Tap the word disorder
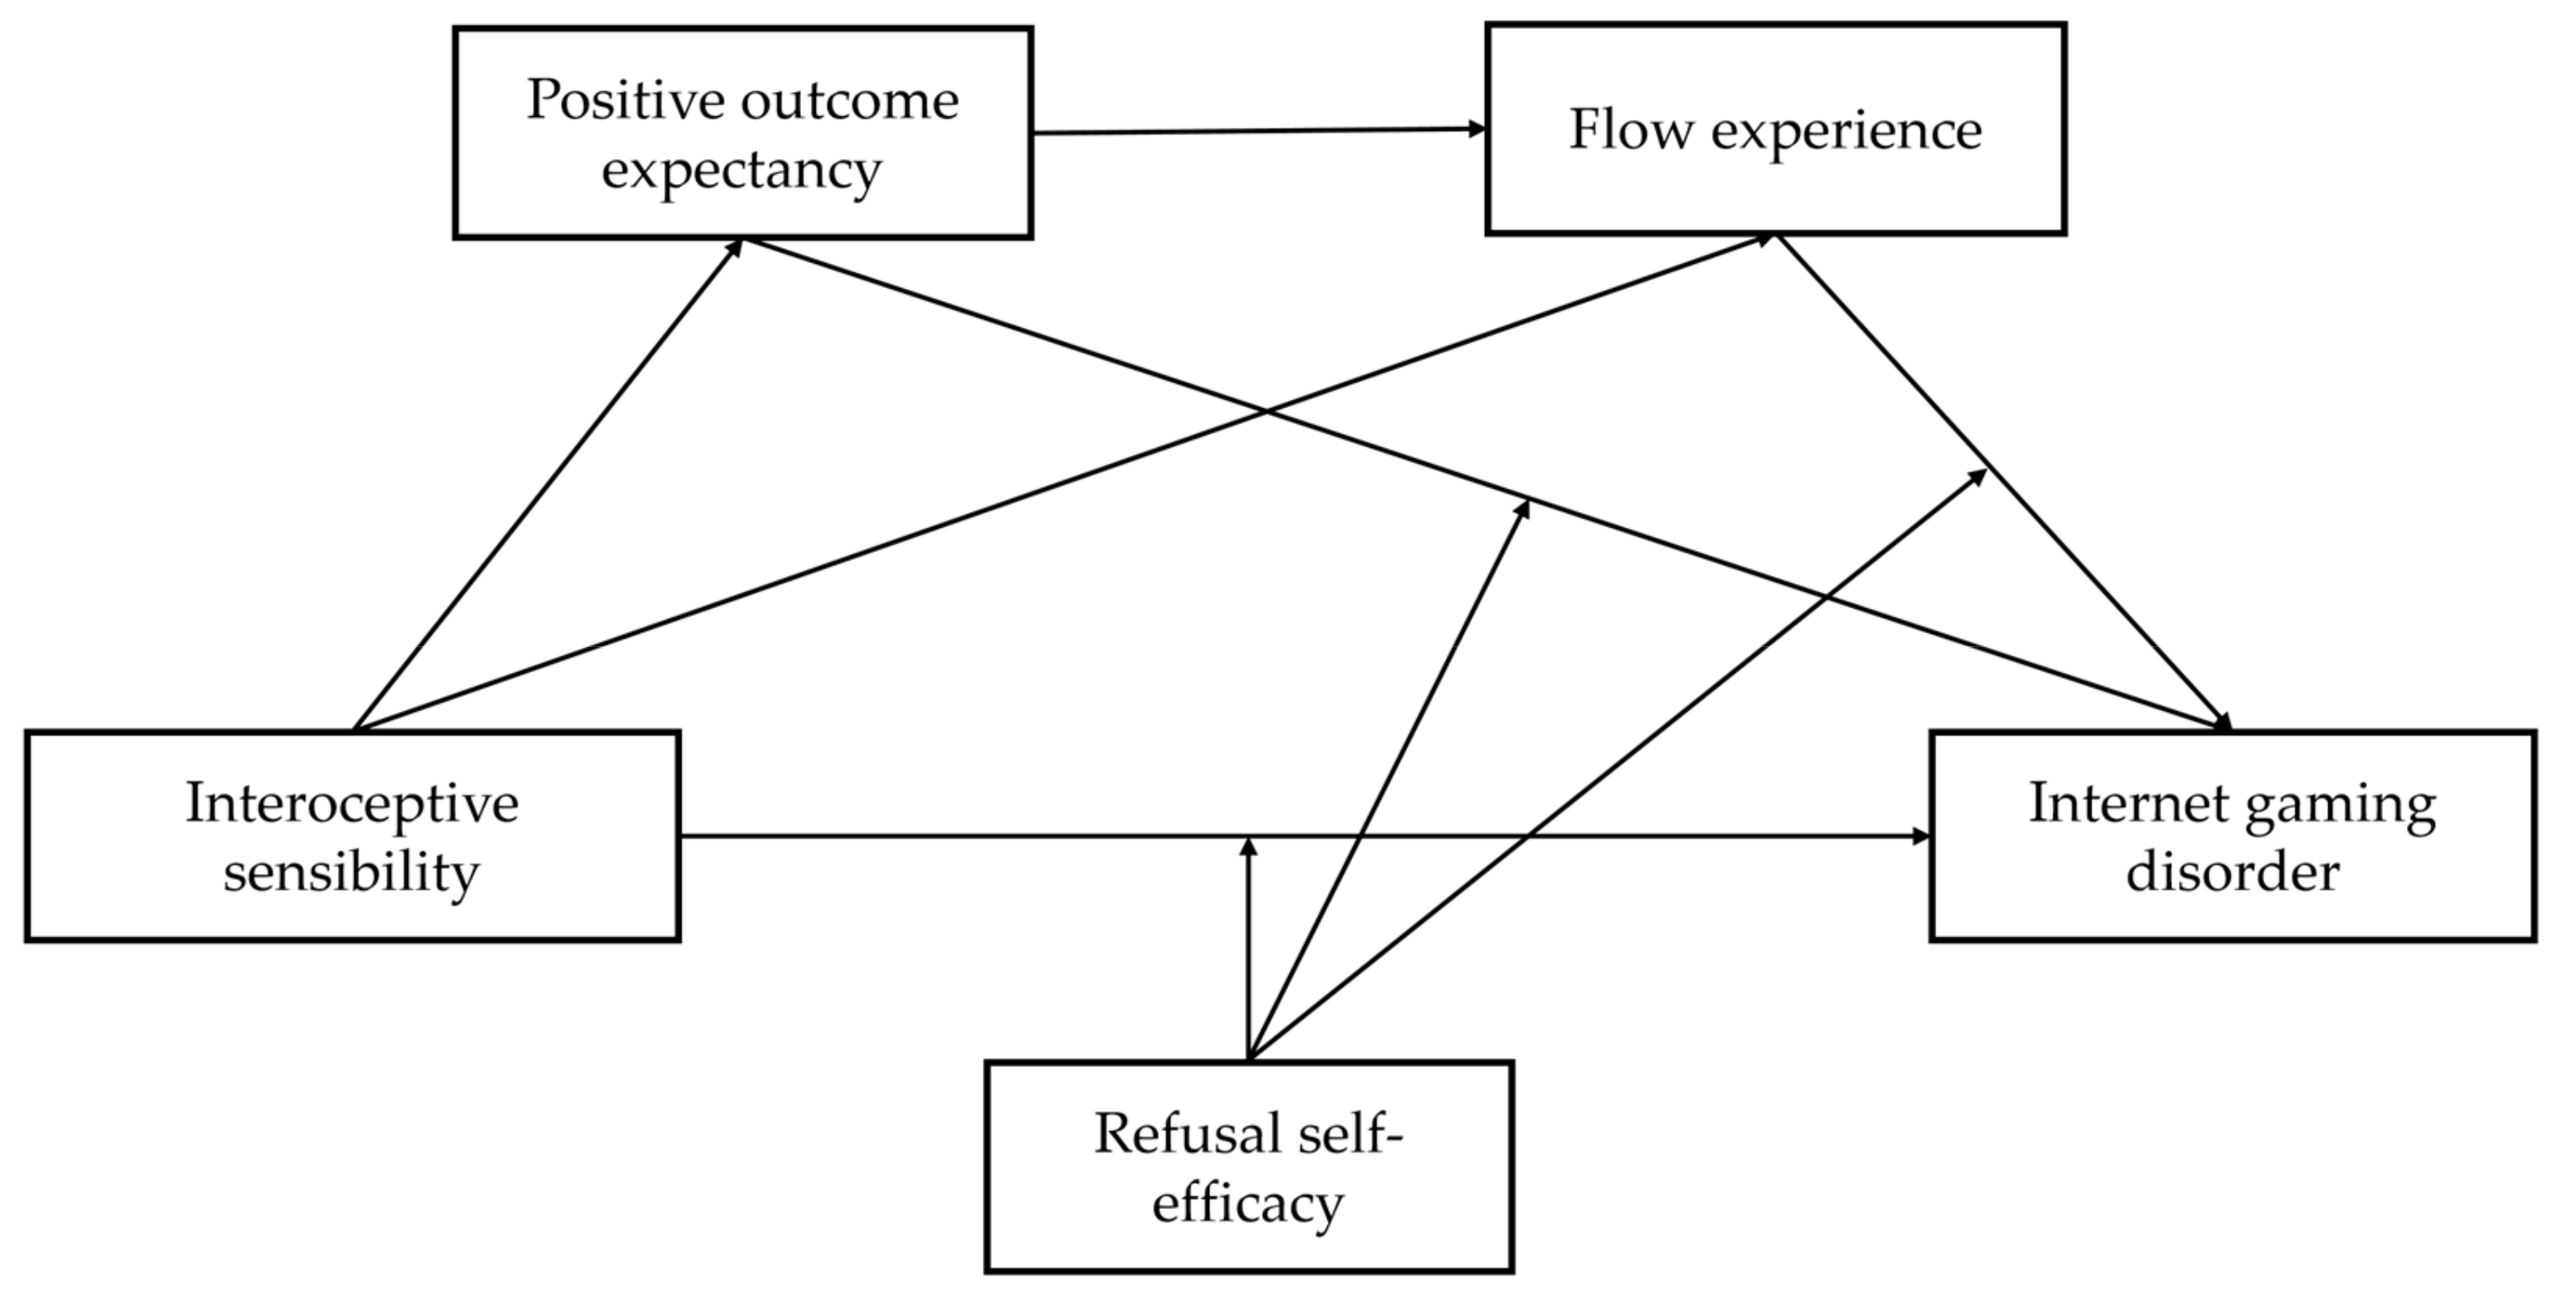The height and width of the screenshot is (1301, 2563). pyautogui.click(x=2233, y=872)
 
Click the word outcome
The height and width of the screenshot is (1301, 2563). pyautogui.click(x=850, y=100)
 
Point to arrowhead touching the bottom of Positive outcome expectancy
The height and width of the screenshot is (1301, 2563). pyautogui.click(x=736, y=246)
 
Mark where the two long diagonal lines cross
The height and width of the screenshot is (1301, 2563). pyautogui.click(x=1266, y=411)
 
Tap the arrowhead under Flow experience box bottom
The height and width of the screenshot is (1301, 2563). pyautogui.click(x=1766, y=239)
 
